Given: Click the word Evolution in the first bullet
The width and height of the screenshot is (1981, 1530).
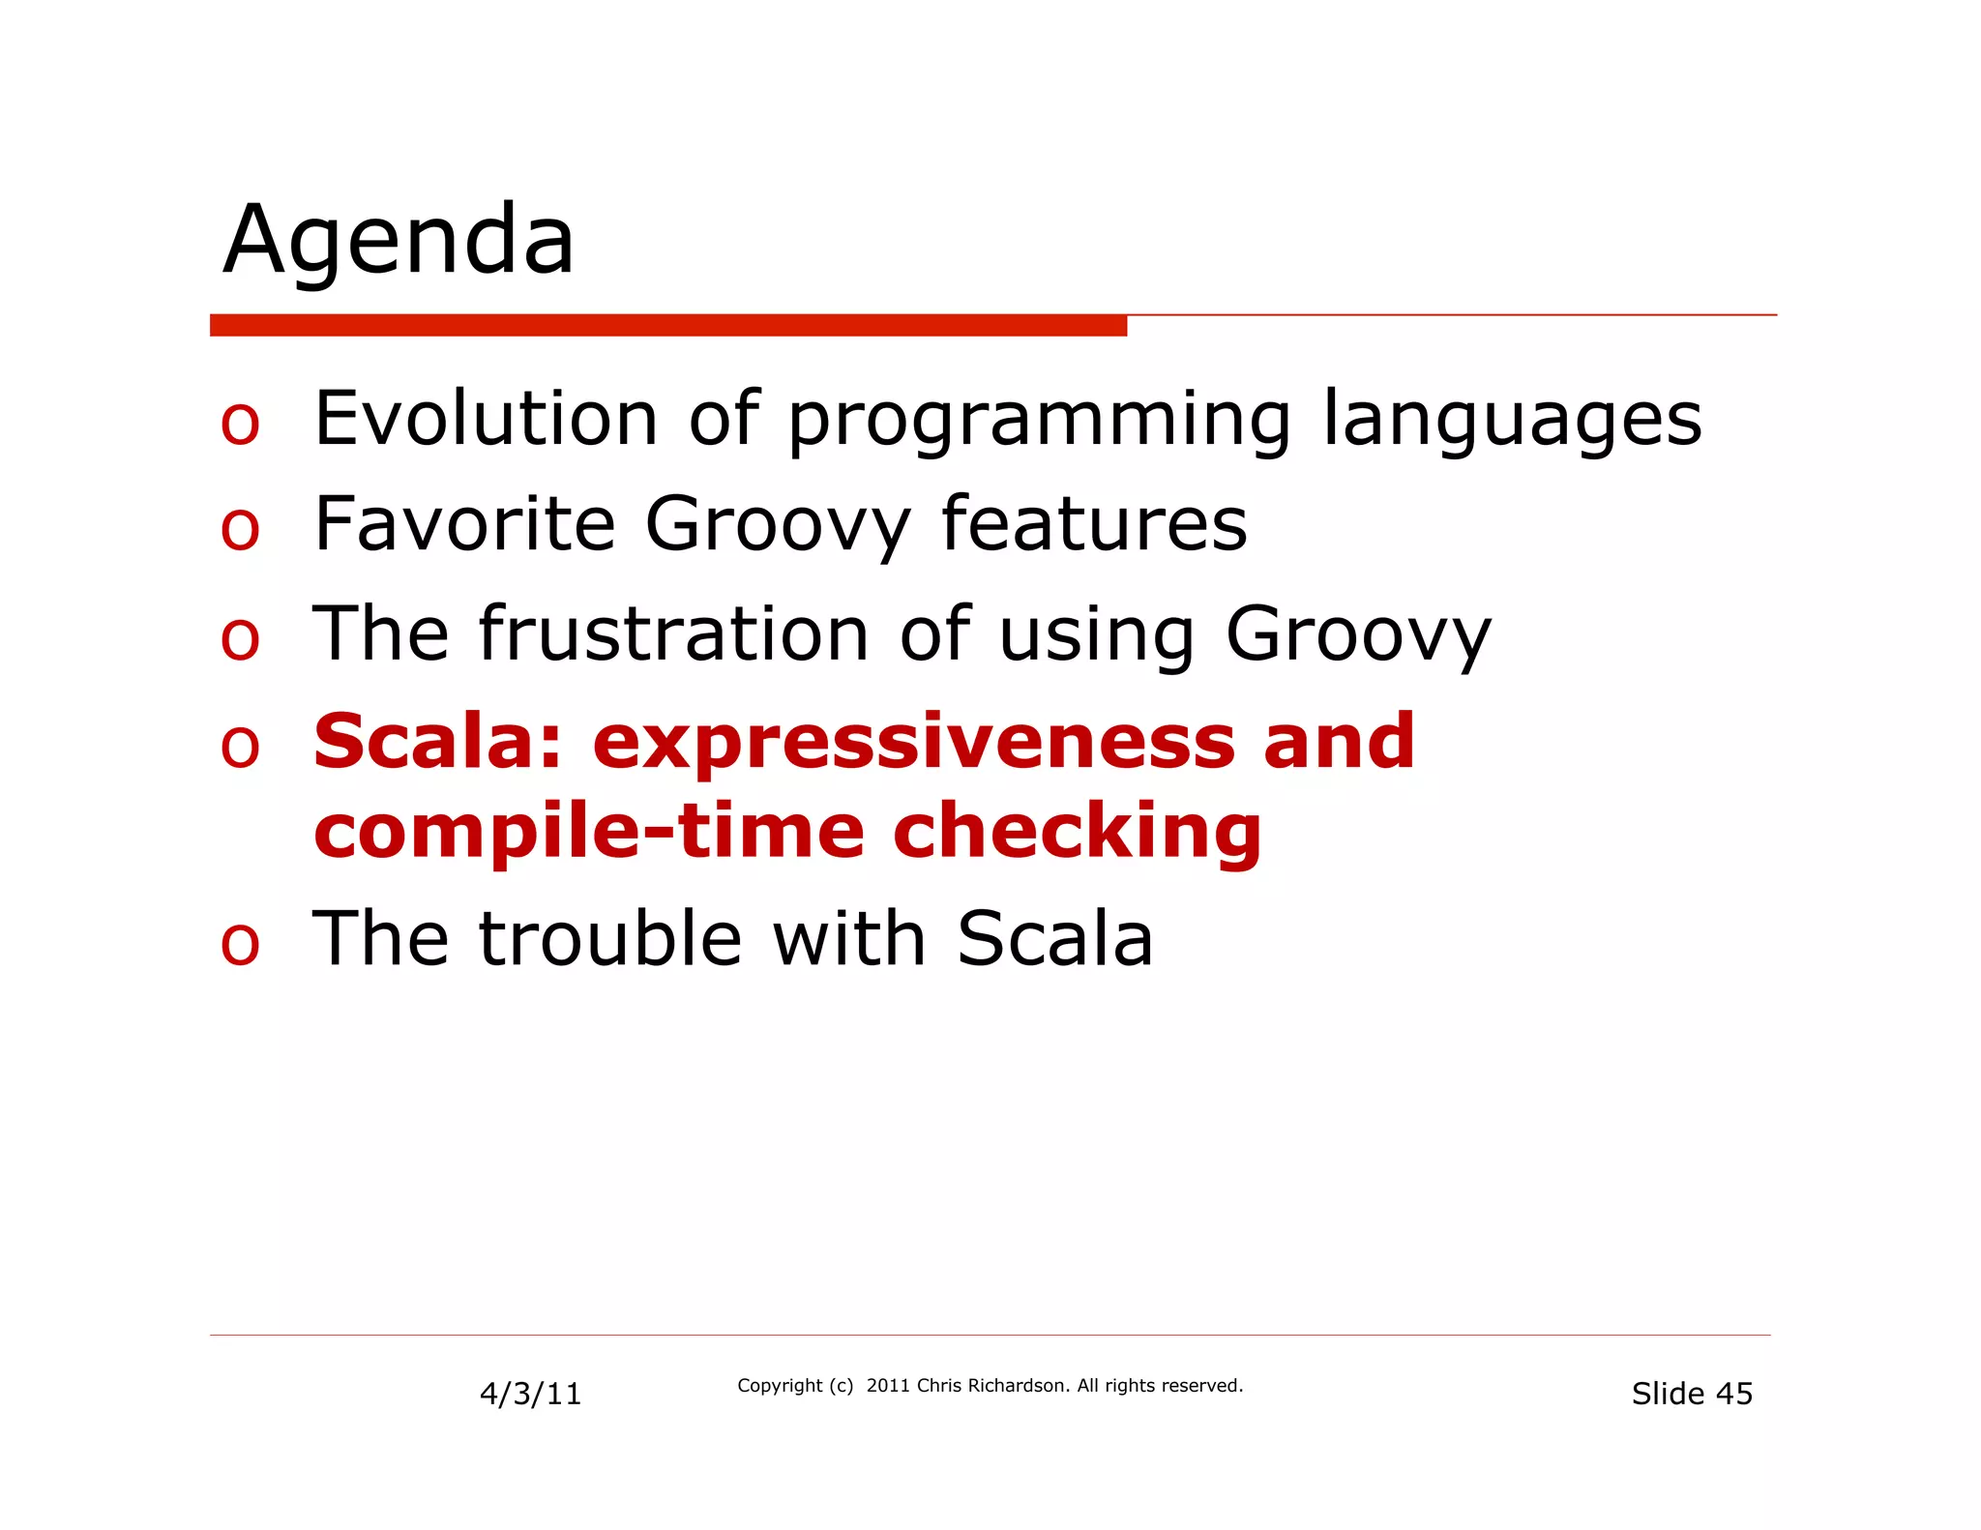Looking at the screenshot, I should coord(487,418).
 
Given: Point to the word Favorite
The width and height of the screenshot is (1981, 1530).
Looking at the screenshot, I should coord(465,524).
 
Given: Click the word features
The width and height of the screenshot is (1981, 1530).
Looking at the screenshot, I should coord(1094,524).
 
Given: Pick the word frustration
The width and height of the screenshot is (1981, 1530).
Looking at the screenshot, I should coord(674,633).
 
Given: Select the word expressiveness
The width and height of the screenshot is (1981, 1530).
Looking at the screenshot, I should coord(914,743).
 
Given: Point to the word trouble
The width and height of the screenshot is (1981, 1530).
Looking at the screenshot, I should coord(610,938).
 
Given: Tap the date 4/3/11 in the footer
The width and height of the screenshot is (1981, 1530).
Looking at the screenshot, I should coord(530,1394).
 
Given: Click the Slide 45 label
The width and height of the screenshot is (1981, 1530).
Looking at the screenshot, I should coord(1692,1394).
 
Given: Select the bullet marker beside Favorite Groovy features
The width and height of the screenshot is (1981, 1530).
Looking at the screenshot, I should coord(240,529).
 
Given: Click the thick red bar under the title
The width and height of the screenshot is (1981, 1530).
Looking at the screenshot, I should coord(667,325).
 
